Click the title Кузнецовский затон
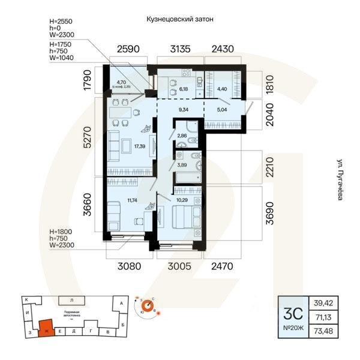[x=180, y=19]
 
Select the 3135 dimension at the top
[x=180, y=49]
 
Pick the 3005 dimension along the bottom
[x=179, y=266]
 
